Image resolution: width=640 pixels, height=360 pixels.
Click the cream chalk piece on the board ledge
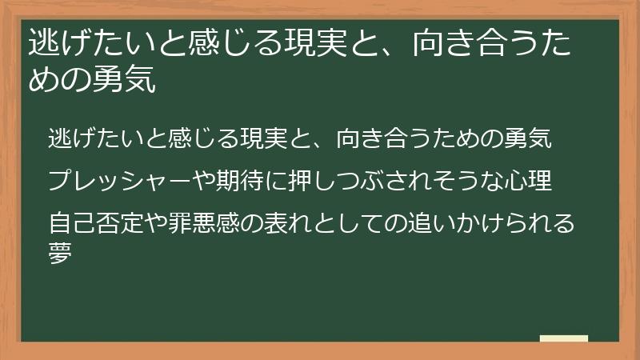tap(564, 338)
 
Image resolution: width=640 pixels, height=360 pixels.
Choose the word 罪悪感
tap(194, 222)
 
